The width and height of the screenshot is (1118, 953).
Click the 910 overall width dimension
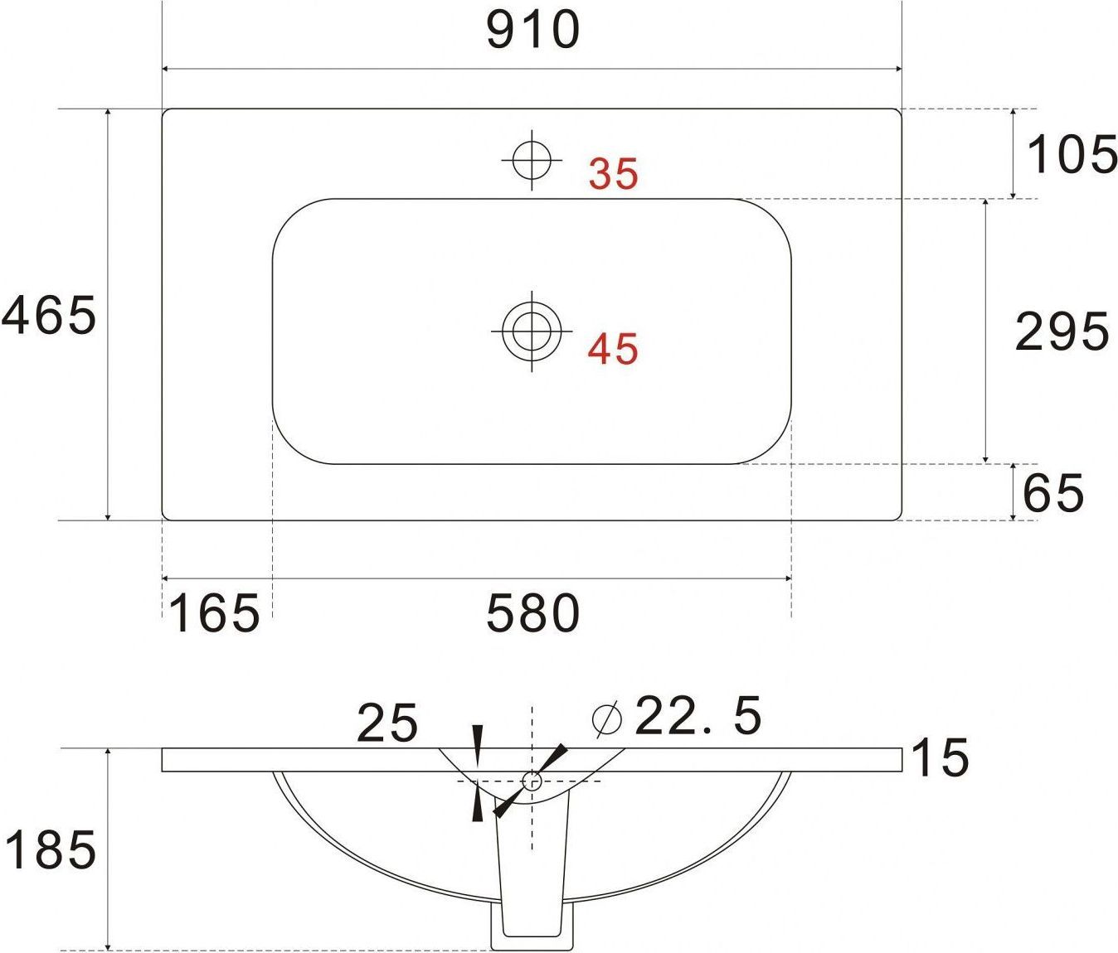click(533, 31)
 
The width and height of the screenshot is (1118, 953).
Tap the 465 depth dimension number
click(49, 315)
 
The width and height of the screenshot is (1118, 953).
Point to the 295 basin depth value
click(1062, 331)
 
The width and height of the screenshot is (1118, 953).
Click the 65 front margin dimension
click(1053, 492)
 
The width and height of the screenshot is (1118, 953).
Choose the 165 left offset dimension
click(215, 613)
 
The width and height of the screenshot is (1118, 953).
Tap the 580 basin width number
click(533, 613)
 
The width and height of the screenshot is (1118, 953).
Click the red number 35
click(614, 173)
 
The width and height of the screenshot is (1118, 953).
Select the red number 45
click(613, 349)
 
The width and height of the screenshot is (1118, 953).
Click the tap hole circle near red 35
click(532, 160)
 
